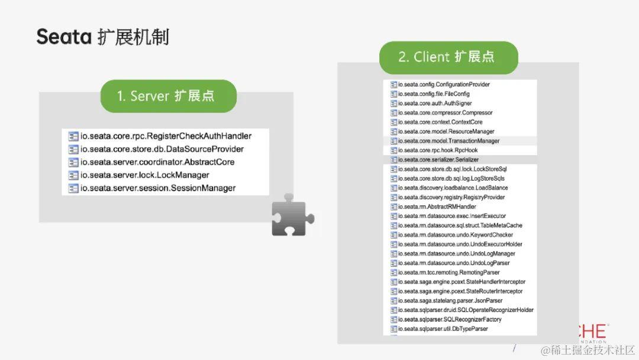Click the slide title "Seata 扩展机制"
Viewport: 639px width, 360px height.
[x=102, y=37]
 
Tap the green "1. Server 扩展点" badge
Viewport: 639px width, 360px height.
[x=168, y=96]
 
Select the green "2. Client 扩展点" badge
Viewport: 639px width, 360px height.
[x=448, y=57]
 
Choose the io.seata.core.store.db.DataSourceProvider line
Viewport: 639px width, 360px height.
[x=162, y=149]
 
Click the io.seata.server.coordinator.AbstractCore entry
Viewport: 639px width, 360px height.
[x=157, y=162]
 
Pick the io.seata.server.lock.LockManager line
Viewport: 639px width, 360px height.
[x=144, y=175]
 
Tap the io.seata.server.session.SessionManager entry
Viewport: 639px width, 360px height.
[x=157, y=188]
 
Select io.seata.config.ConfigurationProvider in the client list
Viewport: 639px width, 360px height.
[x=443, y=85]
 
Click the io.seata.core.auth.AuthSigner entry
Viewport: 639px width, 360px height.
[x=434, y=104]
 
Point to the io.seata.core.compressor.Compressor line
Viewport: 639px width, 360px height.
[x=444, y=112]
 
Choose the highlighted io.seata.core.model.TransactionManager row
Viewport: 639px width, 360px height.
[x=448, y=141]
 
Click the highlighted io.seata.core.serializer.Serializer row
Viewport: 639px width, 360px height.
[x=438, y=160]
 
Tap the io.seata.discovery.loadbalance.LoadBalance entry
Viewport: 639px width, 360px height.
[x=453, y=188]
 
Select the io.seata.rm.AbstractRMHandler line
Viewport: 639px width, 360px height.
[x=437, y=207]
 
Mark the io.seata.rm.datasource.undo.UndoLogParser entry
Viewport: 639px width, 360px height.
[x=453, y=263]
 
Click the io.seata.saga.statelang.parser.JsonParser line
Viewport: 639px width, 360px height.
[x=450, y=301]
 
